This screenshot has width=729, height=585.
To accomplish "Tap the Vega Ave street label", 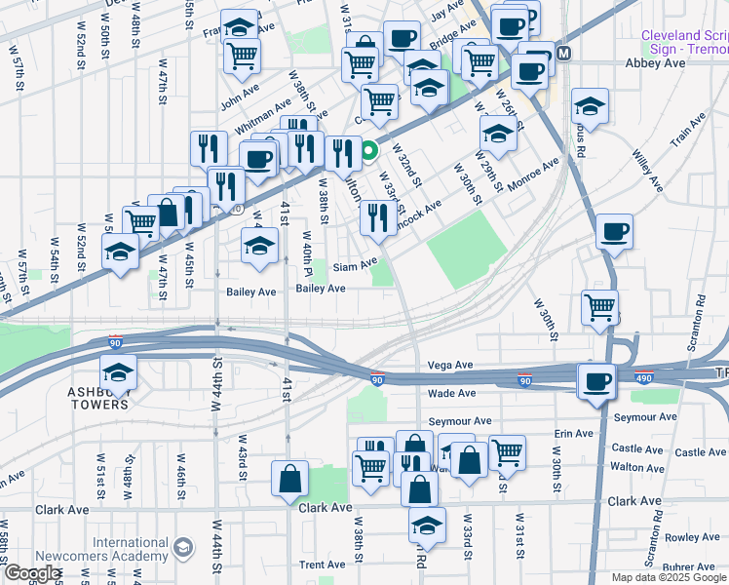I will [449, 366].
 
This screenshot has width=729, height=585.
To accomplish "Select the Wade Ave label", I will [451, 393].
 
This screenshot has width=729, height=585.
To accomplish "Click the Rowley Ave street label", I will [692, 537].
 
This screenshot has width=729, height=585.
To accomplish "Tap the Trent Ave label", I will [322, 565].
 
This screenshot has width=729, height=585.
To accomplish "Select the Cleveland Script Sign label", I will [683, 42].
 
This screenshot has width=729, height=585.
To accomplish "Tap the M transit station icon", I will [562, 50].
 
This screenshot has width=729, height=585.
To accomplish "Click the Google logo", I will [31, 574].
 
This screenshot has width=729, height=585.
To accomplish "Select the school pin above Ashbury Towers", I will [118, 371].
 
